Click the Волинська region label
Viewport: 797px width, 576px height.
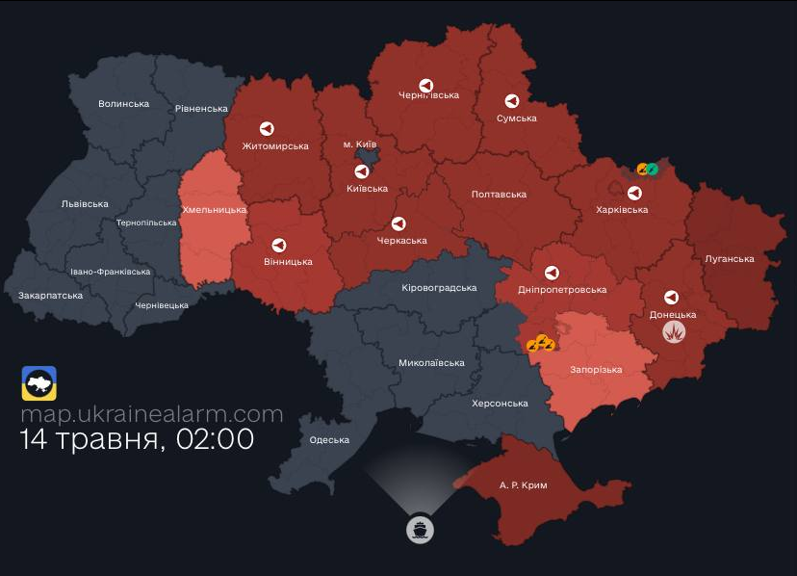pos(124,103)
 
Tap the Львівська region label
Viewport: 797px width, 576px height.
pos(85,203)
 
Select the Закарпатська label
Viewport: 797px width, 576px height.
pos(50,296)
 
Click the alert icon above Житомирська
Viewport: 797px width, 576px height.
pos(267,128)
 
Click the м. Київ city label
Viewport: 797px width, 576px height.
pos(360,144)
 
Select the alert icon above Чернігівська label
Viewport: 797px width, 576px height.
pos(424,86)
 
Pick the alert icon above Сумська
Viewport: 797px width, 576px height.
pos(512,101)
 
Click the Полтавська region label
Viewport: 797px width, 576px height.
pos(499,195)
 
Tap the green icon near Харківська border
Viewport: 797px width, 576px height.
pos(653,170)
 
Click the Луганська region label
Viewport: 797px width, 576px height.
pos(729,258)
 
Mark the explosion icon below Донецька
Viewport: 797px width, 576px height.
pos(676,332)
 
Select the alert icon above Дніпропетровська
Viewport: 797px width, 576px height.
pos(552,273)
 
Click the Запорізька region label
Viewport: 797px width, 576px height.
pos(596,370)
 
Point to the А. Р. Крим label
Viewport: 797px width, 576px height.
pos(523,484)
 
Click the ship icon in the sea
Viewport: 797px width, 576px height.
pos(420,529)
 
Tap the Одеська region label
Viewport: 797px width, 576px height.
pos(329,440)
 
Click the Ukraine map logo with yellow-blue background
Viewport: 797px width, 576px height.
pos(39,383)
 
